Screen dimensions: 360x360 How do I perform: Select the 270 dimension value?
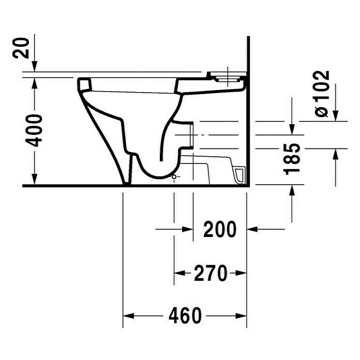[211, 273]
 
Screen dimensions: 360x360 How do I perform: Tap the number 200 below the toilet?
[220, 229]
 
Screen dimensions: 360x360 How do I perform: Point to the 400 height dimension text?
[35, 130]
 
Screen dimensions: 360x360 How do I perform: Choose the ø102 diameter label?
[322, 93]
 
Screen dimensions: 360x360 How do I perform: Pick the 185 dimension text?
[293, 158]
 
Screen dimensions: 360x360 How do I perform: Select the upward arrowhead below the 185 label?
[293, 190]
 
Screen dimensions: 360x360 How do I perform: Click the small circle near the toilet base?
[174, 177]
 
